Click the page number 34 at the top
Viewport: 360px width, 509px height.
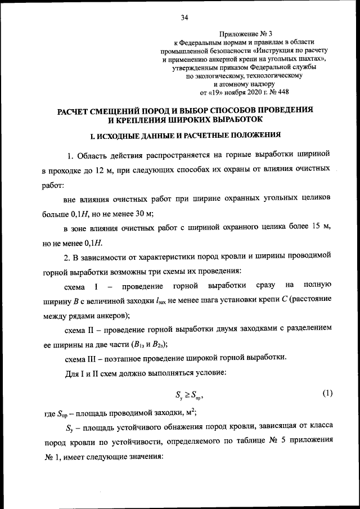(184, 17)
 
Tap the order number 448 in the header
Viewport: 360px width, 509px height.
(283, 92)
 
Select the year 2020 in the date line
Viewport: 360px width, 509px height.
(248, 92)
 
